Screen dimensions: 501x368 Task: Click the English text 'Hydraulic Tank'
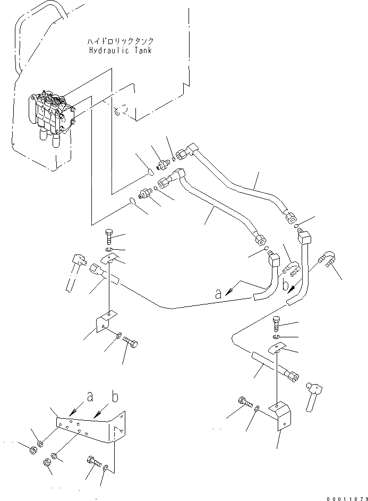pyautogui.click(x=121, y=50)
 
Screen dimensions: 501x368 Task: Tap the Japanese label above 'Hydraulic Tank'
pyautogui.click(x=121, y=41)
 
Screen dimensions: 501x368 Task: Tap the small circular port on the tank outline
pyautogui.click(x=121, y=111)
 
